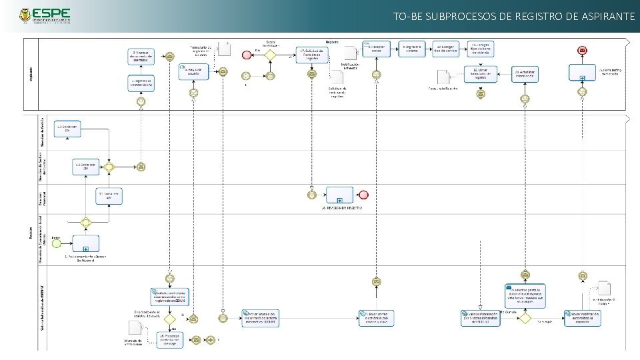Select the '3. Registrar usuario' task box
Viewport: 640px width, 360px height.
pos(193,71)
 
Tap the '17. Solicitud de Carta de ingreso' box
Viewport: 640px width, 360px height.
pos(311,54)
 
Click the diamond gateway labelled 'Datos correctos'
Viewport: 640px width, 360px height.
pos(270,55)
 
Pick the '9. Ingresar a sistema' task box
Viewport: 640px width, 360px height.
pos(412,49)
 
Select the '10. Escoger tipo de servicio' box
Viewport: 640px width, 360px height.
pos(445,49)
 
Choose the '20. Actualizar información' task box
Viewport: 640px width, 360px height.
pos(525,73)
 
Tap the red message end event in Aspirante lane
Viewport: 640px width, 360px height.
pos(583,50)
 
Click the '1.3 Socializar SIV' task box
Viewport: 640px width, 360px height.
pos(67,129)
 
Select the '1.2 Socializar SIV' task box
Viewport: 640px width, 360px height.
pos(85,166)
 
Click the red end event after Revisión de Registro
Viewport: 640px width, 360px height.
pos(363,195)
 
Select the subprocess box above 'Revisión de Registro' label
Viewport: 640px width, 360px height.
pos(339,195)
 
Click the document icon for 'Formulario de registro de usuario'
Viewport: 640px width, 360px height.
pos(225,49)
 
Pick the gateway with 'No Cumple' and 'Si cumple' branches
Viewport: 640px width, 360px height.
pos(525,318)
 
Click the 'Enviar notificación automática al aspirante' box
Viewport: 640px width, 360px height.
pos(583,318)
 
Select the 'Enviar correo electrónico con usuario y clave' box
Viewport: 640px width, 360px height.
pos(377,318)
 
